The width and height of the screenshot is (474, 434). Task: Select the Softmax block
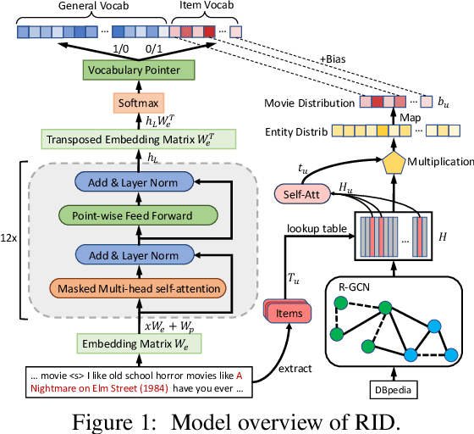pyautogui.click(x=139, y=103)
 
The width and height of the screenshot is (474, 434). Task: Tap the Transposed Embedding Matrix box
pyautogui.click(x=139, y=138)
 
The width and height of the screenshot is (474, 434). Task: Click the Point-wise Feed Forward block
pyautogui.click(x=139, y=216)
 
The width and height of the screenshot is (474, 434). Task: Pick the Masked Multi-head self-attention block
pyautogui.click(x=138, y=289)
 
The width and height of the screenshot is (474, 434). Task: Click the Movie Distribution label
pyautogui.click(x=311, y=103)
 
